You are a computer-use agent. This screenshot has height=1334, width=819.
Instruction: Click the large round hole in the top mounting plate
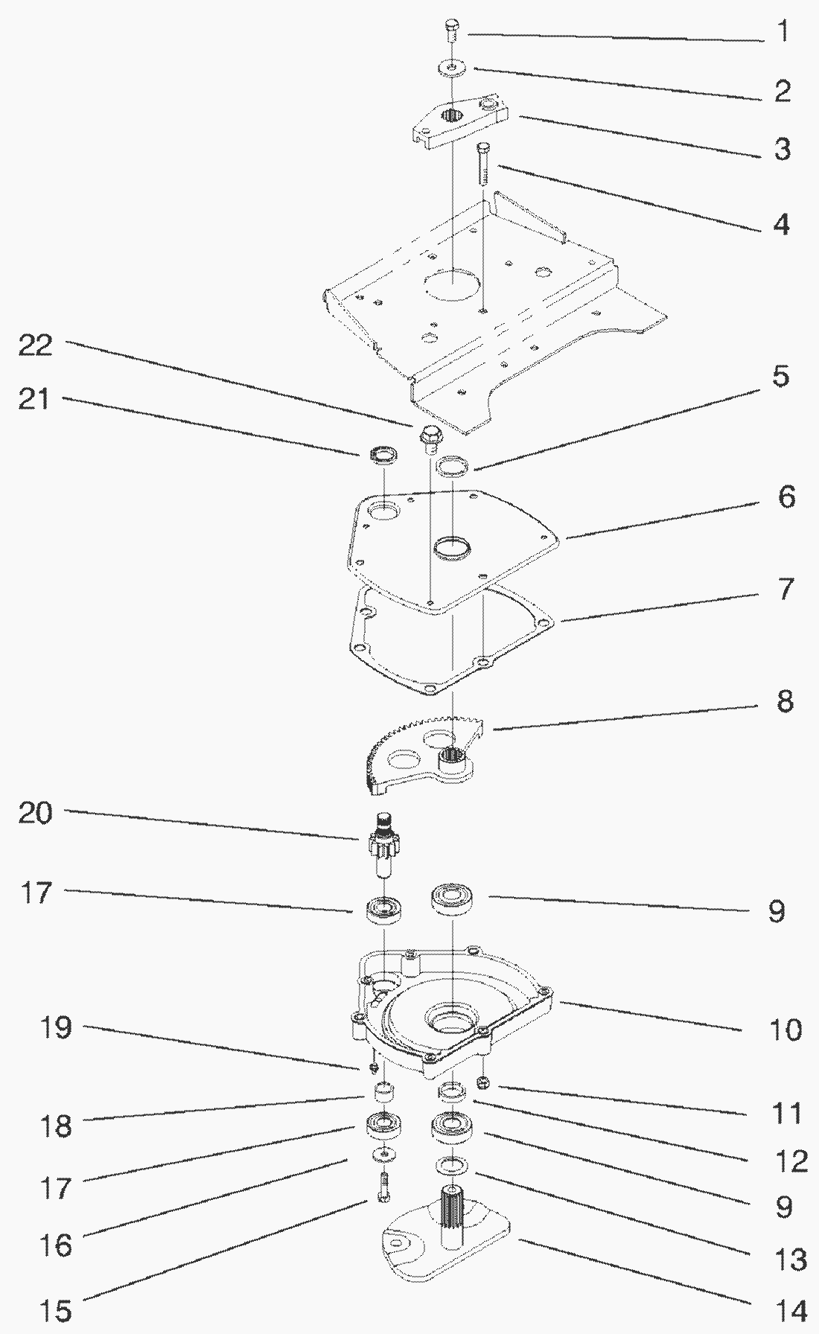click(450, 286)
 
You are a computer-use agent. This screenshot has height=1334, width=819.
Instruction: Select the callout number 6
click(786, 497)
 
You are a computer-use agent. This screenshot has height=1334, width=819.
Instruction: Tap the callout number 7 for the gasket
click(786, 589)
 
